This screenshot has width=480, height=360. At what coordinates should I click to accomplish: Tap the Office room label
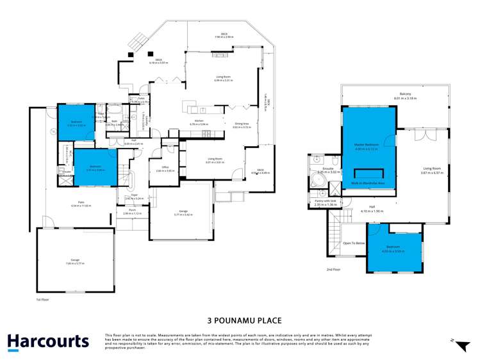(165, 168)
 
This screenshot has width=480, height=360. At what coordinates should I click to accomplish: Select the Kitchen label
(201, 122)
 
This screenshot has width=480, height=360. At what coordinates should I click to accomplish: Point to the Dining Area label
(241, 126)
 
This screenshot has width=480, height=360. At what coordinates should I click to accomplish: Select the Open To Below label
(354, 243)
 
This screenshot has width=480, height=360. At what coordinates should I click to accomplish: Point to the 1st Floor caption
(42, 299)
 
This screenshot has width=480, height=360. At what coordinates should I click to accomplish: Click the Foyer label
(135, 197)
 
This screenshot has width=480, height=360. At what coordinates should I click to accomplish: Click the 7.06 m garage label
(75, 261)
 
